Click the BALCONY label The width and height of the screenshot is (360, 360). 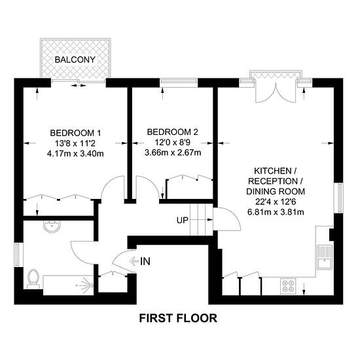(75, 60)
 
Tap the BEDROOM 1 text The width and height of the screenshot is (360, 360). (76, 133)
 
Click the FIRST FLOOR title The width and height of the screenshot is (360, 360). (178, 319)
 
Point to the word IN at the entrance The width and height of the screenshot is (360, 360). (145, 262)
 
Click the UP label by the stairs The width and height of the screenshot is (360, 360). (182, 220)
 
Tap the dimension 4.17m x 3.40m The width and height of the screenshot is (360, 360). (76, 154)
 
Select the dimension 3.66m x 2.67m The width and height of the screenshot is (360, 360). (173, 153)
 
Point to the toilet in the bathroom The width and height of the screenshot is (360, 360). (33, 279)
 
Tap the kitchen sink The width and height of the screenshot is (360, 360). (323, 257)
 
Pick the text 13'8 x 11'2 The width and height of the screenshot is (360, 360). (76, 143)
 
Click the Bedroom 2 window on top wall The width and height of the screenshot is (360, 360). (173, 82)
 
